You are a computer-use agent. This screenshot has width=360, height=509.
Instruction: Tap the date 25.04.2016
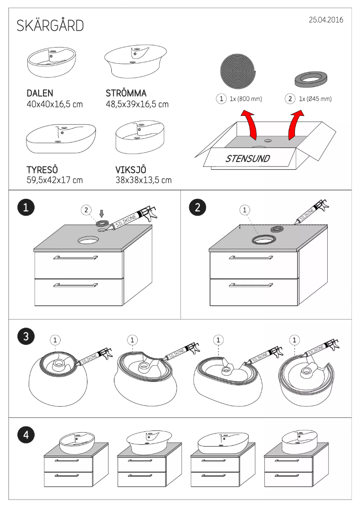pyautogui.click(x=326, y=20)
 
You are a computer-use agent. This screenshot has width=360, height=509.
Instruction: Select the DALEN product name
pyautogui.click(x=40, y=93)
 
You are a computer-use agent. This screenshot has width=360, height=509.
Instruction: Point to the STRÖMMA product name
pyautogui.click(x=126, y=93)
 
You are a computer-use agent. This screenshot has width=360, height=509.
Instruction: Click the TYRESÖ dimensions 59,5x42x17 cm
pyautogui.click(x=54, y=180)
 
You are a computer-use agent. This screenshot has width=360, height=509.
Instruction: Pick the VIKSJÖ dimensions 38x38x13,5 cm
pyautogui.click(x=144, y=180)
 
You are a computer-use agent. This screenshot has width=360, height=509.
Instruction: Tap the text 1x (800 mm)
pyautogui.click(x=246, y=99)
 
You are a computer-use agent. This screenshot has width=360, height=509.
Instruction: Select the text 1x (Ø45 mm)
pyautogui.click(x=315, y=99)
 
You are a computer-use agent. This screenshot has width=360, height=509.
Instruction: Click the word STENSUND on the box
pyautogui.click(x=248, y=159)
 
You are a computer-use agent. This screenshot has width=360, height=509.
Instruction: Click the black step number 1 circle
pyautogui.click(x=26, y=207)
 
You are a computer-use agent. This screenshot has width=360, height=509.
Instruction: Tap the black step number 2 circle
pyautogui.click(x=198, y=207)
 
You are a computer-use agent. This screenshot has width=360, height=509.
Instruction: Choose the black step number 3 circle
pyautogui.click(x=26, y=336)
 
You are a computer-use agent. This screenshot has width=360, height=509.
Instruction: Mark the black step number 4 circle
pyautogui.click(x=26, y=434)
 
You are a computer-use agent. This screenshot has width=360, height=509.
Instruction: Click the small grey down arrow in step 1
pyautogui.click(x=102, y=213)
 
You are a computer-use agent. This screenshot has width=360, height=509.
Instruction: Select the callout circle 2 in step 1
pyautogui.click(x=86, y=210)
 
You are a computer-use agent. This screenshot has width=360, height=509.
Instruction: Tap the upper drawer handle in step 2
pyautogui.click(x=251, y=258)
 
